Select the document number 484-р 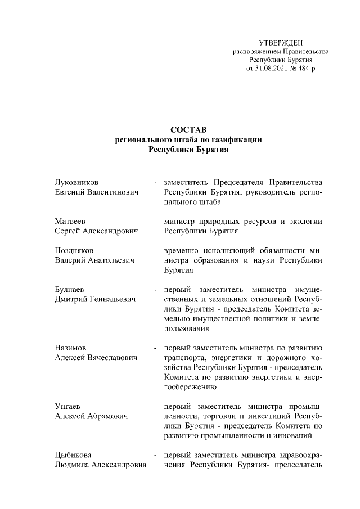pos(304,68)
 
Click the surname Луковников pos(76,183)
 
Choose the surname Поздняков pos(74,250)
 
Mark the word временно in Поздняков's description pos(181,250)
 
